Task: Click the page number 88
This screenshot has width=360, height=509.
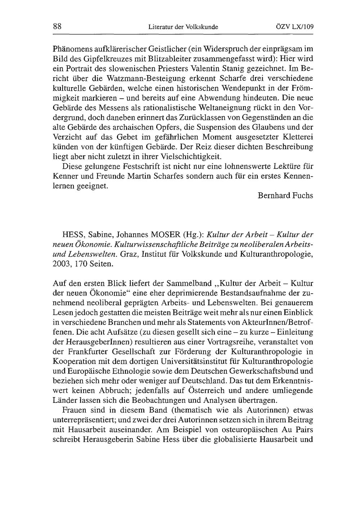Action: pos(58,26)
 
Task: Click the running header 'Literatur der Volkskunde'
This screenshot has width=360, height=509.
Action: pos(183,27)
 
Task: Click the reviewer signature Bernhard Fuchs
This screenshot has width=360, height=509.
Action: pos(285,195)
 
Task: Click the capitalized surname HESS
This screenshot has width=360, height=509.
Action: pos(73,235)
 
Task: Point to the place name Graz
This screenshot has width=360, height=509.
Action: pos(129,254)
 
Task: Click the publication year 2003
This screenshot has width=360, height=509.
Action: pos(60,264)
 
